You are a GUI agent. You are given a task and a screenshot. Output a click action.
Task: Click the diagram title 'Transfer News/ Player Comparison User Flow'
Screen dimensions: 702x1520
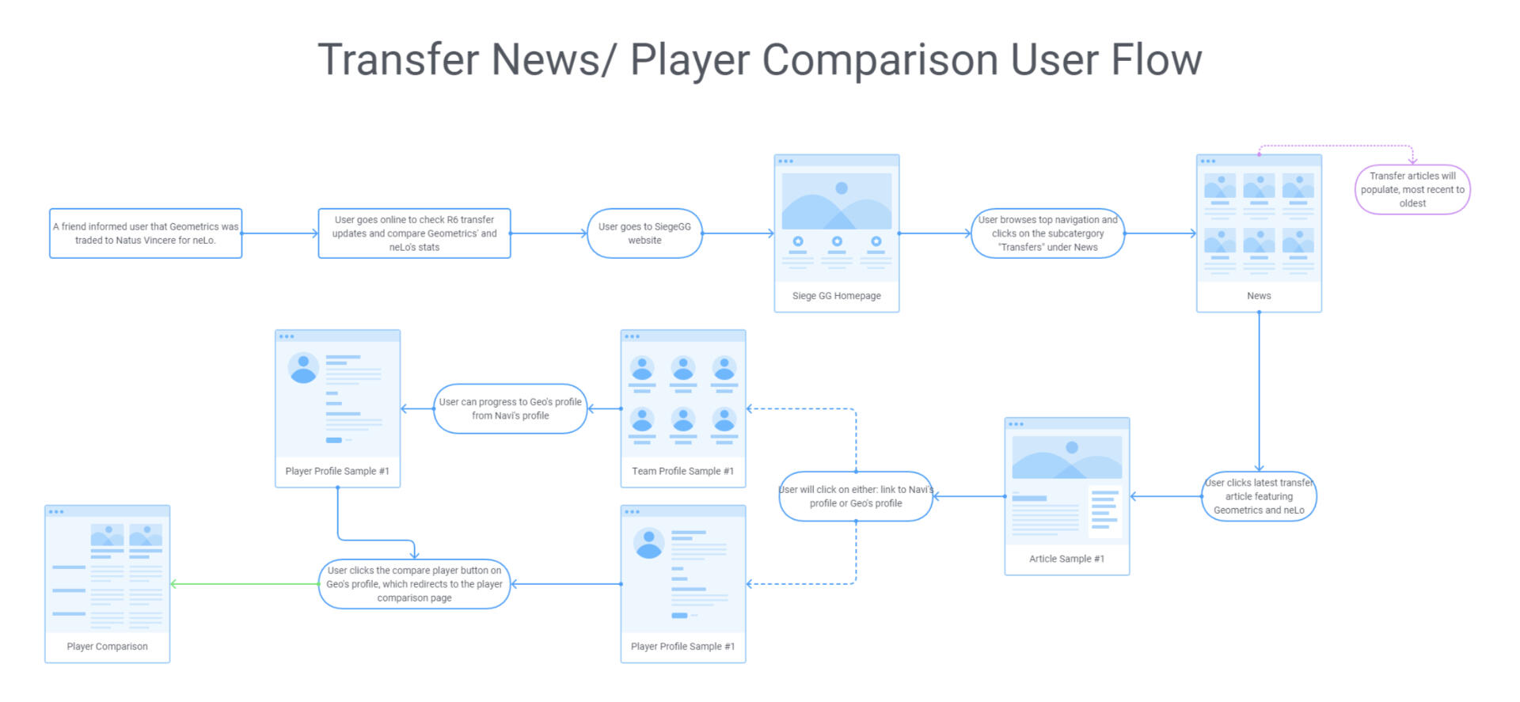tap(759, 60)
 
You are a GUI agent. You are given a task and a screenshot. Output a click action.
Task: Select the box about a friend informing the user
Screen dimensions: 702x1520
tap(146, 233)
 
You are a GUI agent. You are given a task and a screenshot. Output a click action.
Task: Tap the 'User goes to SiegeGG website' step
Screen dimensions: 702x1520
tap(644, 233)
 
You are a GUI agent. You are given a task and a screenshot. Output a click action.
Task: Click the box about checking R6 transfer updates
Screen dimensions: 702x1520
tap(414, 233)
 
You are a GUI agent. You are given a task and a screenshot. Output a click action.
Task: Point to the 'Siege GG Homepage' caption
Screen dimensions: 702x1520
tap(836, 296)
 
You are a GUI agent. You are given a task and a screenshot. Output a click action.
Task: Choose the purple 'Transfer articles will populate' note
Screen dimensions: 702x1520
tap(1412, 190)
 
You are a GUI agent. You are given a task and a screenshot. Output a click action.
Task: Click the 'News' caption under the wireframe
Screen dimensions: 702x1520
tap(1259, 296)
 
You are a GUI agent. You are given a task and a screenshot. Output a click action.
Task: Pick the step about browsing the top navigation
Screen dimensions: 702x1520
tap(1047, 233)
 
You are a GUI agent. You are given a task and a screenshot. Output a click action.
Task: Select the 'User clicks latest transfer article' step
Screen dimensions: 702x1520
tap(1259, 496)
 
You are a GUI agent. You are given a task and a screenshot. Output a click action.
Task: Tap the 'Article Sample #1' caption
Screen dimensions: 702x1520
tap(1066, 559)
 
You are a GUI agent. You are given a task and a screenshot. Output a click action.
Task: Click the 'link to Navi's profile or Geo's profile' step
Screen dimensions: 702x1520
tap(856, 496)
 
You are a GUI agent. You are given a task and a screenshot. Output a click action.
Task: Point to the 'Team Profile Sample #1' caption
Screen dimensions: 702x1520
tap(682, 471)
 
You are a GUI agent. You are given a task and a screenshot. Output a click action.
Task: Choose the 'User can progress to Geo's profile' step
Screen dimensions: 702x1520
tap(511, 408)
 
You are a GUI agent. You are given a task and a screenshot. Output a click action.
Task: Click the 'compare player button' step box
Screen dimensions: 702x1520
tap(414, 584)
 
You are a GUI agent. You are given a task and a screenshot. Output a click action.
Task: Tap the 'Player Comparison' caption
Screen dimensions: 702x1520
tap(107, 647)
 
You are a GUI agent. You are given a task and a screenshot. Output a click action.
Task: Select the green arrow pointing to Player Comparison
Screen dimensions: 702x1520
tap(245, 584)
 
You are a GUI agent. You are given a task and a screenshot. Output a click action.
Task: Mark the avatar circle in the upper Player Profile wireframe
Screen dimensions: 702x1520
tap(303, 368)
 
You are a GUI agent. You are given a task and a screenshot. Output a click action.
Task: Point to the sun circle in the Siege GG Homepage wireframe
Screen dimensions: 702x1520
tap(842, 188)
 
